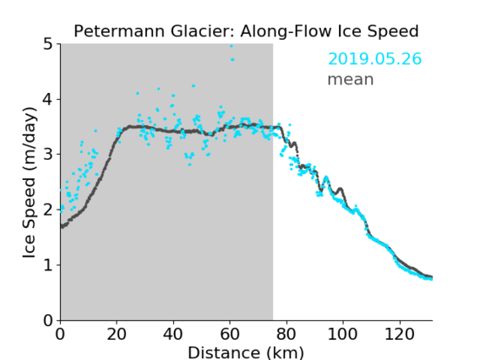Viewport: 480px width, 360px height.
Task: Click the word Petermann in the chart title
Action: [x=120, y=31]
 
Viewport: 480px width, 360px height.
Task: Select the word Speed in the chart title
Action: [x=393, y=31]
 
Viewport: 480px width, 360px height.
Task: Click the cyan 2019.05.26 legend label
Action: [x=374, y=59]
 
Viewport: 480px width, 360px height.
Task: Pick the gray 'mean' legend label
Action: [x=351, y=79]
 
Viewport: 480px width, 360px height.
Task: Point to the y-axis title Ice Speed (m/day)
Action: [x=30, y=183]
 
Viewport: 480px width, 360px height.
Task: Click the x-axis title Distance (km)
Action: [x=246, y=352]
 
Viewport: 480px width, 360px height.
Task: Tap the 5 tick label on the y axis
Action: [x=48, y=44]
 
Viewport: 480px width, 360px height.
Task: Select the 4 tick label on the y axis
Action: [x=48, y=99]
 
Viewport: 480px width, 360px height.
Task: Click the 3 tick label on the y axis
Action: [x=48, y=155]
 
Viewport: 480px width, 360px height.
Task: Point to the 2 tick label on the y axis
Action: [x=48, y=210]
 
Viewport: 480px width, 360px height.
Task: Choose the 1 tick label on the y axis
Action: [x=48, y=265]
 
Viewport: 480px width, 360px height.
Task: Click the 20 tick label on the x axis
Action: [x=117, y=334]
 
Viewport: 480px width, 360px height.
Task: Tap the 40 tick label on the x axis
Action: [x=173, y=334]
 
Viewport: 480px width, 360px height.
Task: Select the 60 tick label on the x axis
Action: [x=230, y=334]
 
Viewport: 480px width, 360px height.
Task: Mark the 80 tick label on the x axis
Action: [x=286, y=334]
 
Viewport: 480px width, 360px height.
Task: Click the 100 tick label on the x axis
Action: [x=342, y=334]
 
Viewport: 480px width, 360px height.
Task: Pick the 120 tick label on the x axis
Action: [x=400, y=334]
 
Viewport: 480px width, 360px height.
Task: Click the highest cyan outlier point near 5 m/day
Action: [x=231, y=46]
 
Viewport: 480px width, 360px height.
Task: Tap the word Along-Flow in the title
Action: [x=286, y=31]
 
